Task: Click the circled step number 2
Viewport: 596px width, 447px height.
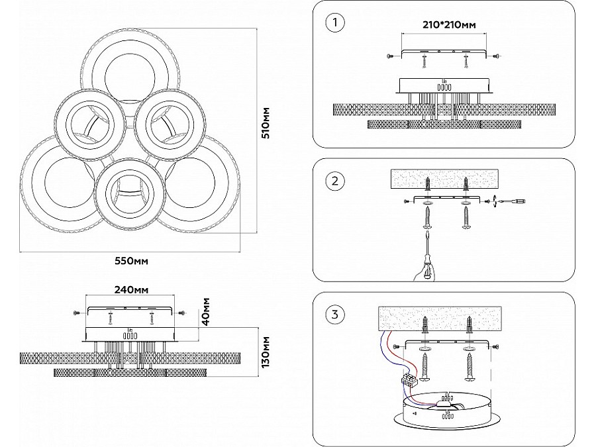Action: [336, 181]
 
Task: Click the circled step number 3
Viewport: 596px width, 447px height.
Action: [336, 315]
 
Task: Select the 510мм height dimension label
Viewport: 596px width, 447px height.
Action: [266, 123]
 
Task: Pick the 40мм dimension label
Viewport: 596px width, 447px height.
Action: [206, 311]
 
